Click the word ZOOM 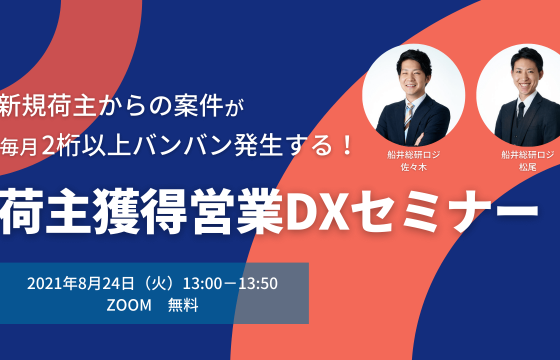(x=128, y=306)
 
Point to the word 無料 (x=183, y=306)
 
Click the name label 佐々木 (x=411, y=167)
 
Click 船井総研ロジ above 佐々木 (x=411, y=154)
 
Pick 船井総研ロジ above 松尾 (x=520, y=154)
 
